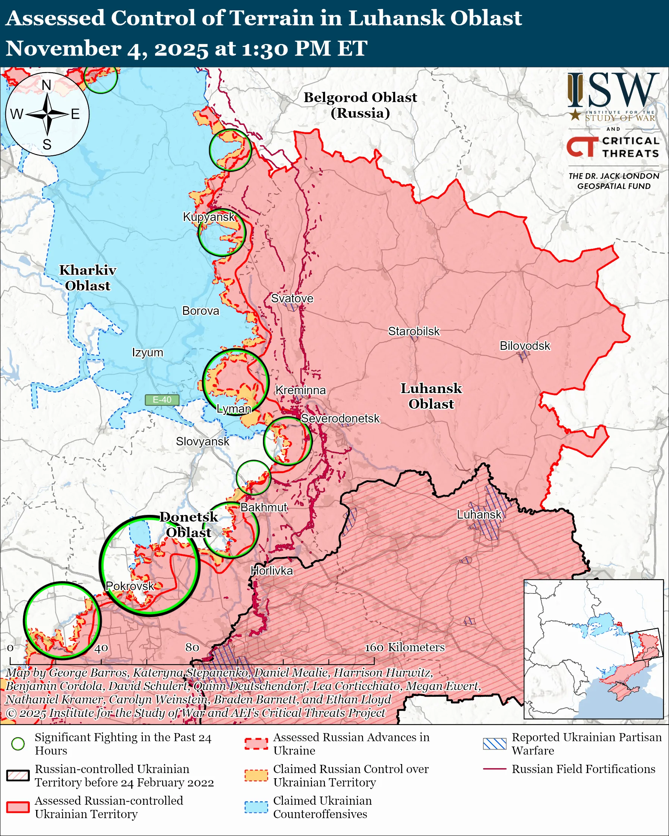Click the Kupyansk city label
pos(209,217)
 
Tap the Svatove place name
pos(292,298)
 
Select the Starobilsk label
pos(414,331)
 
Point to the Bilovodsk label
pos(524,345)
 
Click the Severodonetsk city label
pos(340,418)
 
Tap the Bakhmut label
pos(264,507)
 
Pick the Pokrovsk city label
pos(130,586)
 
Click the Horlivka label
pos(271,571)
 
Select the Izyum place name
pos(147,352)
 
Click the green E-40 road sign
pos(162,400)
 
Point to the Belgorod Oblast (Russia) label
pos(360,105)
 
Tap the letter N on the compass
pos(47,85)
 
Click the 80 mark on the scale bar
pos(192,647)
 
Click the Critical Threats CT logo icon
pos(582,147)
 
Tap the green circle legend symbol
pos(18,744)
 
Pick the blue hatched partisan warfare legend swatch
pos(495,744)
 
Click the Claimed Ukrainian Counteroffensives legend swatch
pos(256,807)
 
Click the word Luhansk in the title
pos(395,18)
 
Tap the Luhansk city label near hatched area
pos(479,514)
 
